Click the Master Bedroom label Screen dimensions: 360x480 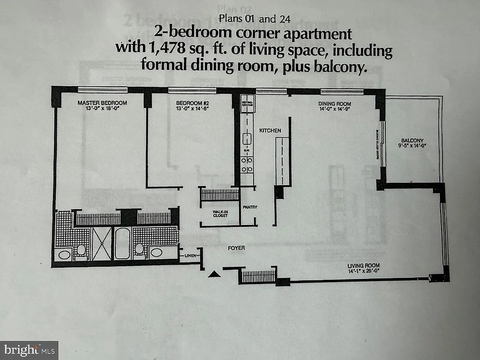102,103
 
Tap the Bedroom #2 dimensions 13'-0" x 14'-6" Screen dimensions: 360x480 192,109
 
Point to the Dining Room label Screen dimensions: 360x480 335,104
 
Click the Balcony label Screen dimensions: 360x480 412,140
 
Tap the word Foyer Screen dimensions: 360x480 237,247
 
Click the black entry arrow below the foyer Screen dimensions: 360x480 214,274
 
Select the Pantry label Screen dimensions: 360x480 250,207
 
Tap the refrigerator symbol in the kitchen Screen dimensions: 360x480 247,104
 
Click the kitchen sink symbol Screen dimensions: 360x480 247,138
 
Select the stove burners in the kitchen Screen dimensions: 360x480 247,164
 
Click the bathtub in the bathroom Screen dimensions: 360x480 122,243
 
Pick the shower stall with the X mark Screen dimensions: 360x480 101,243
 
